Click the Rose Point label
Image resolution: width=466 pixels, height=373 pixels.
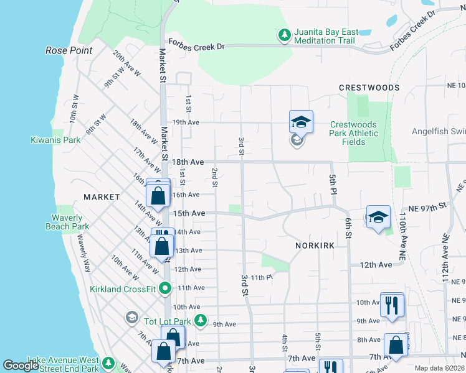coord(69,50)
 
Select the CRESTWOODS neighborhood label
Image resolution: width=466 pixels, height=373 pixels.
coord(369,88)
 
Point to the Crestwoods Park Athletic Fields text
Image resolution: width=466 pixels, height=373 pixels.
coord(354,133)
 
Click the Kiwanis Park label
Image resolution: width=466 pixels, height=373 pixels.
coord(55,140)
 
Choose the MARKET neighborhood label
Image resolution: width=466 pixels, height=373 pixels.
coord(101,196)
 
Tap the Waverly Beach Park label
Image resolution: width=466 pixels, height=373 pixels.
coord(67,222)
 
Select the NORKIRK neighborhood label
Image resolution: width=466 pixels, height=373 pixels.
coord(315,246)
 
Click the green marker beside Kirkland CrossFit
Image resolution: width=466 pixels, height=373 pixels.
coord(165,288)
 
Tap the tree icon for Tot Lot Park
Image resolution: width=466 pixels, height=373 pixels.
coord(200,320)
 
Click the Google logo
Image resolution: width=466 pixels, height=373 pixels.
coord(21,366)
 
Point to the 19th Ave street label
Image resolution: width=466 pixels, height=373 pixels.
coord(186,122)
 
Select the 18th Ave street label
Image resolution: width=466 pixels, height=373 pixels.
coord(188,162)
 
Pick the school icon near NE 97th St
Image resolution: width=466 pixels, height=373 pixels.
coord(378,217)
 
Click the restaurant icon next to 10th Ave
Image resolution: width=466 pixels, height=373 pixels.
coord(392,304)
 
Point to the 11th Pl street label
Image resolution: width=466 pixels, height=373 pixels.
coord(262,277)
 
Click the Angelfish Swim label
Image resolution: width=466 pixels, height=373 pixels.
coord(439,132)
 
